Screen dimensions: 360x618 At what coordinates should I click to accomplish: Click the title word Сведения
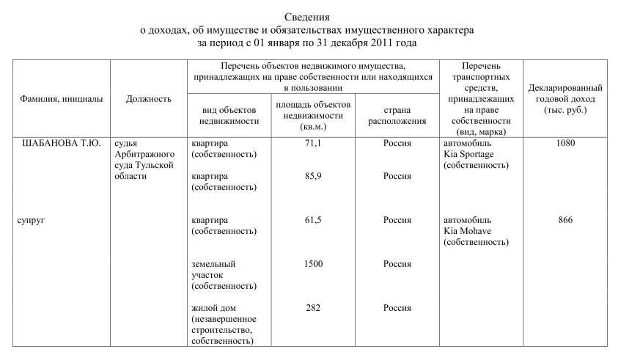pos(307,17)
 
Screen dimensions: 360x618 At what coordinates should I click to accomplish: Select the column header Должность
pos(148,98)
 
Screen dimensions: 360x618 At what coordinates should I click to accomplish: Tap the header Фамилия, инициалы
pos(61,98)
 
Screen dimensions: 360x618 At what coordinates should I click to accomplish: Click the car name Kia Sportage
pos(468,155)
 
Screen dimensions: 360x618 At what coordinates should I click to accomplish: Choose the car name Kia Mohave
pos(467,231)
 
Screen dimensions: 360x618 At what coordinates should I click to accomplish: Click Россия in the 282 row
pos(397,308)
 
